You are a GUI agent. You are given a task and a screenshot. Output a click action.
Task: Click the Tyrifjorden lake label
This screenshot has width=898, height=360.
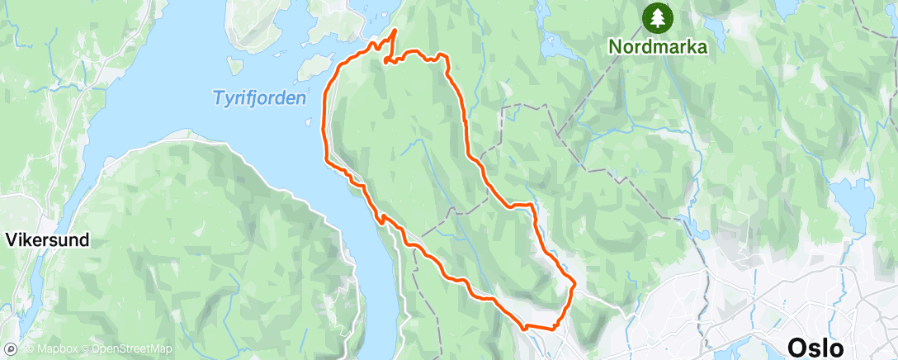(x=259, y=97)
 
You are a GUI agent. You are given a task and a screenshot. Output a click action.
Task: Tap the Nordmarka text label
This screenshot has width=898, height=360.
(x=658, y=46)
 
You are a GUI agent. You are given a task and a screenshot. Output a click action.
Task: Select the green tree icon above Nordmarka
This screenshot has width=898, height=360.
(x=658, y=17)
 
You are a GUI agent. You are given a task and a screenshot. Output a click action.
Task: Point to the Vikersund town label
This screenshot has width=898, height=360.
(x=47, y=240)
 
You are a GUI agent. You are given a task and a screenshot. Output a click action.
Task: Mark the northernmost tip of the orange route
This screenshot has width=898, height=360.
(x=395, y=31)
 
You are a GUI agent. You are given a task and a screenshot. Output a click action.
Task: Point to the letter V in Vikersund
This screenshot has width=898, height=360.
(x=11, y=240)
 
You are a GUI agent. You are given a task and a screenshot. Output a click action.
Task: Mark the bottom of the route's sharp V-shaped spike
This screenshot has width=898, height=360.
(x=386, y=59)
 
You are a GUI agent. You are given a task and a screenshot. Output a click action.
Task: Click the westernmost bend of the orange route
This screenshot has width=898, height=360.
(x=323, y=124)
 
